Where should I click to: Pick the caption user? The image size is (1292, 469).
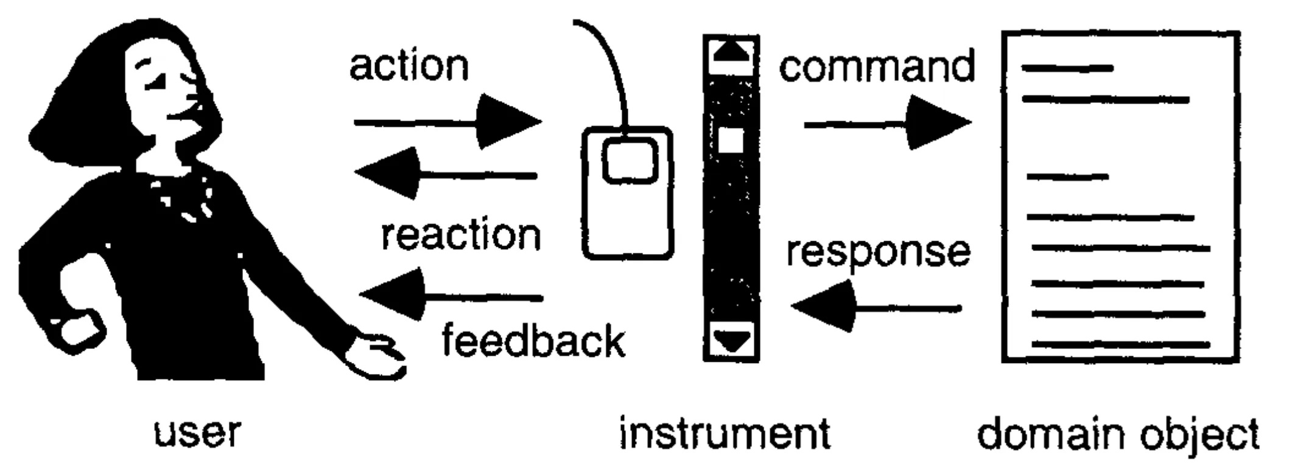[x=197, y=433]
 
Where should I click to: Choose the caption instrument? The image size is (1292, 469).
[x=725, y=433]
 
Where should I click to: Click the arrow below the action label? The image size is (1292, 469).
[x=448, y=122]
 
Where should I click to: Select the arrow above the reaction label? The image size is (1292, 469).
[x=446, y=175]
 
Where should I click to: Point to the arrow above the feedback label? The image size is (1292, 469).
[x=451, y=296]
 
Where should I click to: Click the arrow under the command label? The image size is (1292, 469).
[x=888, y=124]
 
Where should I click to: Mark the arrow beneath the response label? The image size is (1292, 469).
[x=876, y=306]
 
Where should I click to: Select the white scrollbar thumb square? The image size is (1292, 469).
[x=731, y=141]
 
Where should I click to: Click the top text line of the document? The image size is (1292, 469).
[x=1067, y=68]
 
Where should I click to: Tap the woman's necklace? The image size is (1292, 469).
[x=183, y=198]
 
